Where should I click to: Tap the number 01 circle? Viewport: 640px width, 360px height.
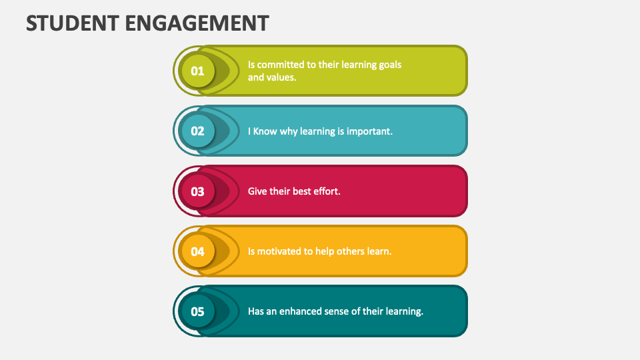[x=197, y=71]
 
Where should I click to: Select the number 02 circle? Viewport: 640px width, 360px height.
[x=197, y=131]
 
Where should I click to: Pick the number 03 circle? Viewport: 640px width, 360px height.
[x=197, y=191]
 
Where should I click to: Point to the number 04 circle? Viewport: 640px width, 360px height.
[x=197, y=251]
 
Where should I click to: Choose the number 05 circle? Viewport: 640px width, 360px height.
[x=197, y=311]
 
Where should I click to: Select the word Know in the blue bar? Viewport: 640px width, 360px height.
[x=265, y=131]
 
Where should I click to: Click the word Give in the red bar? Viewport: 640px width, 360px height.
[x=257, y=191]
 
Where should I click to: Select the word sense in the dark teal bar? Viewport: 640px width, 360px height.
[x=340, y=311]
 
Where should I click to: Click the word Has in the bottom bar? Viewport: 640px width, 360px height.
[x=256, y=311]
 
